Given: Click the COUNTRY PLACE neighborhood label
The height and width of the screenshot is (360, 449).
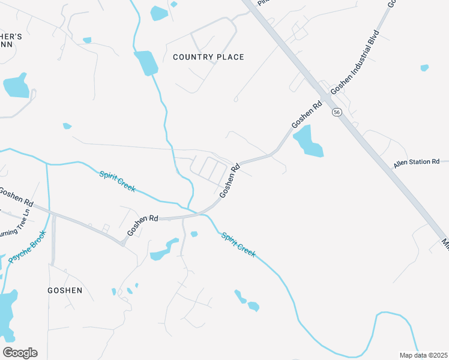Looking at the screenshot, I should click(208, 57).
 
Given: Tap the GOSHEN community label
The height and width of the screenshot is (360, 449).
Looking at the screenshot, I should click(65, 290).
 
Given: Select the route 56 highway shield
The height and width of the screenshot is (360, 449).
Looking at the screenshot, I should click(337, 112).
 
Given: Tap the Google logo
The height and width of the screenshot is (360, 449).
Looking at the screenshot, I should click(20, 353).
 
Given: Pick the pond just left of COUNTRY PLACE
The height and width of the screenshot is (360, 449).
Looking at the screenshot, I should click(146, 63).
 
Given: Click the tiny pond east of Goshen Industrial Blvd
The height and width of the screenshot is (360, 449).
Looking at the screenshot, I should click(425, 68).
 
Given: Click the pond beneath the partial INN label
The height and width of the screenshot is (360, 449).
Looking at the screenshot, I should click(16, 86).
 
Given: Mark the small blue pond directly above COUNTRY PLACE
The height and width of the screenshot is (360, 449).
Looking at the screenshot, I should click(159, 13).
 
